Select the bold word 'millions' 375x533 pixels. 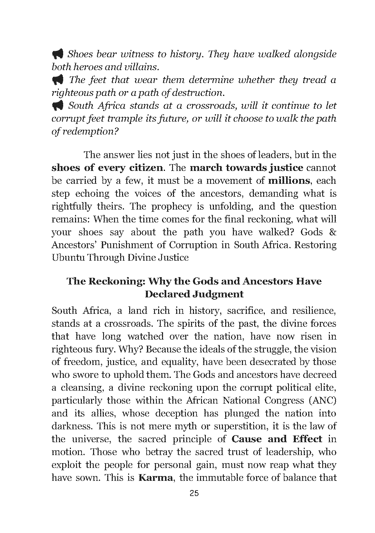(x=289, y=181)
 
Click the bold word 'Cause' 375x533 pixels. (x=246, y=439)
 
